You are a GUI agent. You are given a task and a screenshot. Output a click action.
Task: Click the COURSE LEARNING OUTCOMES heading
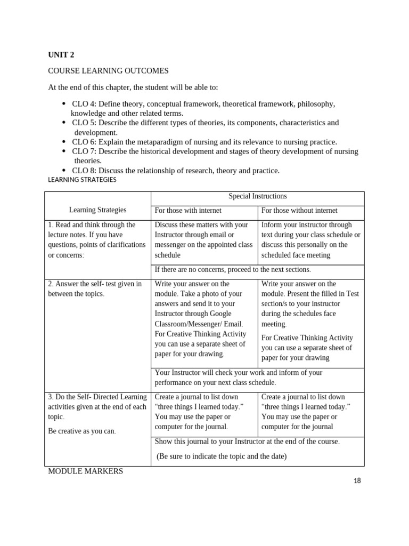point(108,70)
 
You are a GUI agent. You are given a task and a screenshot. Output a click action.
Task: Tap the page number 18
point(357,480)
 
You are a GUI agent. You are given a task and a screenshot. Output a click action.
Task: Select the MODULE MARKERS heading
point(85,471)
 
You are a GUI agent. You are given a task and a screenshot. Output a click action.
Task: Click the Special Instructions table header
point(257,196)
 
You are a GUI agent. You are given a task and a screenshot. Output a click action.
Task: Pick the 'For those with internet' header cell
point(188,211)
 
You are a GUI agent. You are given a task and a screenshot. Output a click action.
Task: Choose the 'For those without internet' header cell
point(299,211)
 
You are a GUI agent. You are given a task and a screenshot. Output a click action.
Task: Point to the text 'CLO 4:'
point(84,103)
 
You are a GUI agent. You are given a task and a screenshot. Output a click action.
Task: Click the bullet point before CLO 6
point(64,142)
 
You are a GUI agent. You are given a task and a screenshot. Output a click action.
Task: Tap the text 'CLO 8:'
point(84,171)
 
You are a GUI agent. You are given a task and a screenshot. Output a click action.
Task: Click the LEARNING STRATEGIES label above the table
point(81,180)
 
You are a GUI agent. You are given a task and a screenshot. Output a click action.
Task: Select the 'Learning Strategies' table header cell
point(97,210)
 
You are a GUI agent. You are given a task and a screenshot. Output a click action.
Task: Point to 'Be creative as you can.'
point(82,431)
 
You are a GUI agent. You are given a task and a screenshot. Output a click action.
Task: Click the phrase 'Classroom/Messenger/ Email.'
point(199,324)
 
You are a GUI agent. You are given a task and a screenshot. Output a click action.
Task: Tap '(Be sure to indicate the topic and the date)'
point(222,456)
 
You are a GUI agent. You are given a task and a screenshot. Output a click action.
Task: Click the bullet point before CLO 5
point(64,123)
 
